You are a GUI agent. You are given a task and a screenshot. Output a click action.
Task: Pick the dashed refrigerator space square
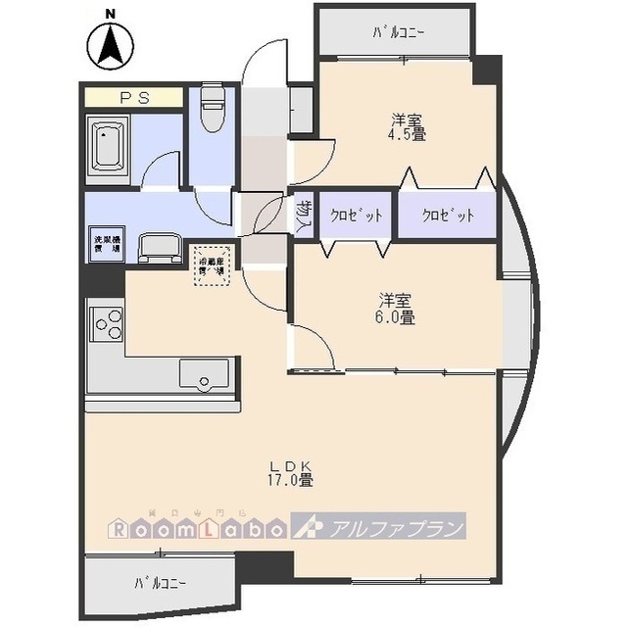pyautogui.click(x=213, y=265)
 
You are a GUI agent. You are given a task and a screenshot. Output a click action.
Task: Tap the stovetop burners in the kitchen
pyautogui.click(x=107, y=323)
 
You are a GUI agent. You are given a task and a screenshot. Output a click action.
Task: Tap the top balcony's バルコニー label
pyautogui.click(x=398, y=32)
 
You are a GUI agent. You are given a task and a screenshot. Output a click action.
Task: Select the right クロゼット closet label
pyautogui.click(x=448, y=216)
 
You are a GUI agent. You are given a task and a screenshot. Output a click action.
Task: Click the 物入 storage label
pyautogui.click(x=304, y=216)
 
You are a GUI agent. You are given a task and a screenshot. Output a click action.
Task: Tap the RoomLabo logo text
pyautogui.click(x=195, y=529)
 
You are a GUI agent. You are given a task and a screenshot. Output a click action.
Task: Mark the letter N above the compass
pyautogui.click(x=111, y=13)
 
